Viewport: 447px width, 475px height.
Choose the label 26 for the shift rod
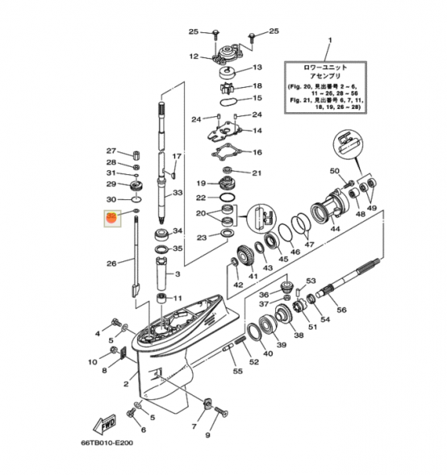tap(112, 262)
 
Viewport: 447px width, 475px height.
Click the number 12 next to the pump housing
tap(194, 56)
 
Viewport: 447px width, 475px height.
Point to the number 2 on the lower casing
tap(126, 385)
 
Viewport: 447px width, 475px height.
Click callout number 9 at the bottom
tap(207, 435)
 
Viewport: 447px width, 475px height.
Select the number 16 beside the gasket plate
tap(257, 152)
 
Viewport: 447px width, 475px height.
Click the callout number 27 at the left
tap(112, 151)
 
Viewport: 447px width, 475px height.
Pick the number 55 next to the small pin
tap(237, 371)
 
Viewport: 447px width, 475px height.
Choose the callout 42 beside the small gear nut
tap(238, 285)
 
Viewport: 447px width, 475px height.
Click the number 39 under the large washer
tap(282, 345)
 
